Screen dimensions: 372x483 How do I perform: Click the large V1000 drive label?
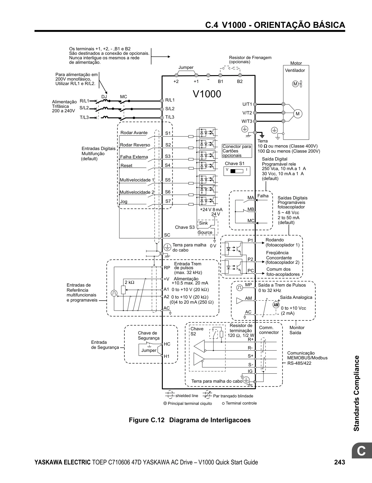point(207,94)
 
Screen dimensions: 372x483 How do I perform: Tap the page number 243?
point(340,462)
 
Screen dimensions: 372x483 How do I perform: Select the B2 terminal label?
point(240,81)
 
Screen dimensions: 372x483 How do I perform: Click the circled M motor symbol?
point(298,114)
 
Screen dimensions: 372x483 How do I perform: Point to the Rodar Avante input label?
point(134,133)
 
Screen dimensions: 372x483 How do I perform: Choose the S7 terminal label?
point(168,202)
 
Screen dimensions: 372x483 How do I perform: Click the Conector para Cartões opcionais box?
point(237,151)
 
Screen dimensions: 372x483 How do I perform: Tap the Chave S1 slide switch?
point(237,171)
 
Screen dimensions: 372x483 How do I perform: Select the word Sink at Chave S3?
point(203,223)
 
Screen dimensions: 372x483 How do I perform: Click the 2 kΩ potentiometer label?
point(129,282)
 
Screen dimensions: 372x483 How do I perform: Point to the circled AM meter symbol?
point(276,305)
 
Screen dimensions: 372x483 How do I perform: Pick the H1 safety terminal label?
point(167,356)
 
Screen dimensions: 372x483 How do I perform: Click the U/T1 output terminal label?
point(247,104)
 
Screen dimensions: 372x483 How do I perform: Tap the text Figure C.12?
point(147,420)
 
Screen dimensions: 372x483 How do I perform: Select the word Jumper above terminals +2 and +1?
point(186,67)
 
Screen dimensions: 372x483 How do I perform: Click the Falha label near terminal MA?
point(263,196)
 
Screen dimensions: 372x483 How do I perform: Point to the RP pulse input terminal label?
point(167,268)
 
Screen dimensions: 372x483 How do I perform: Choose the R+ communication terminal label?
point(251,339)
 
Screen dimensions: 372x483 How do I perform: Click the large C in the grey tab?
point(361,451)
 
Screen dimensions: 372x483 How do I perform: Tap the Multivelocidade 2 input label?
point(137,192)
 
